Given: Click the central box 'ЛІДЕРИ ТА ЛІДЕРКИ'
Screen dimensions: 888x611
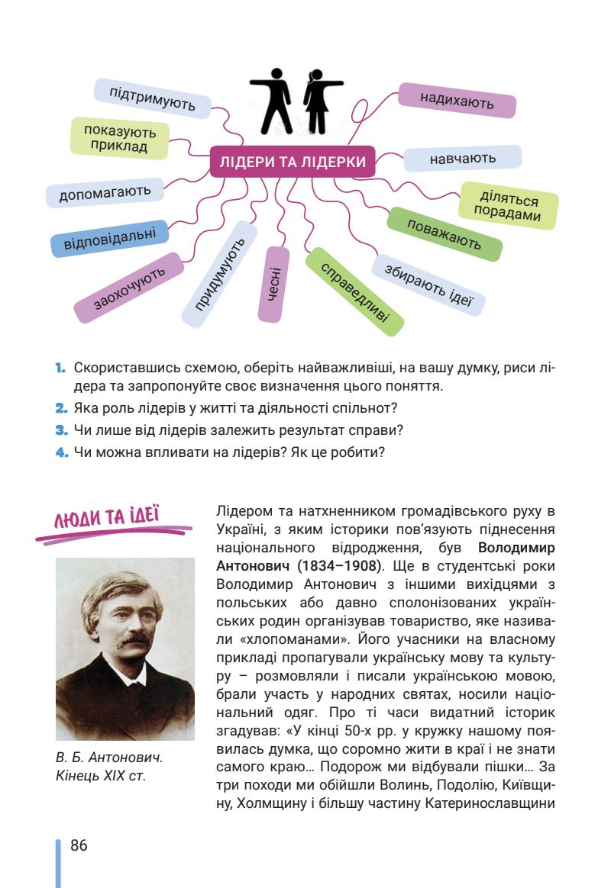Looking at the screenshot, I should [293, 162].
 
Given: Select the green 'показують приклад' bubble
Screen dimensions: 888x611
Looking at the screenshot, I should [119, 138].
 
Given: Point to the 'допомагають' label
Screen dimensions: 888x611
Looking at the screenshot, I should [105, 191].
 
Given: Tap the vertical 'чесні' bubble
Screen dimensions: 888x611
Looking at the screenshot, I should [273, 283].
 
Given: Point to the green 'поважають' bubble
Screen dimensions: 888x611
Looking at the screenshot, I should [445, 233].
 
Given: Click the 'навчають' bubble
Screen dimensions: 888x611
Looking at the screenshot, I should [462, 159].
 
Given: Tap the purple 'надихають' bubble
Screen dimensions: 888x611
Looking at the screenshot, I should [457, 101].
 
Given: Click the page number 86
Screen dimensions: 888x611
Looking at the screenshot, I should [79, 845].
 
